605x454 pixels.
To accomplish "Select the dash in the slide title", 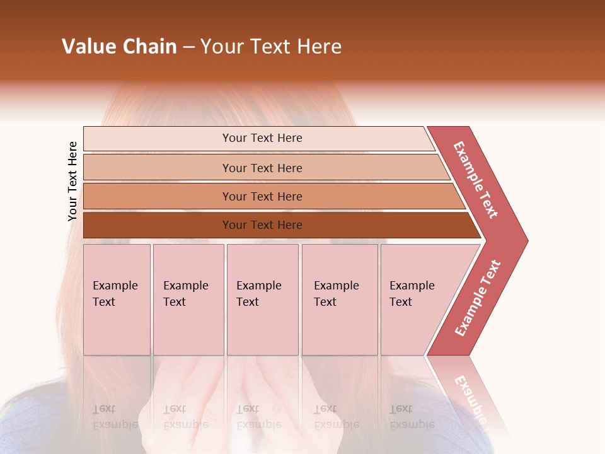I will click(x=188, y=47).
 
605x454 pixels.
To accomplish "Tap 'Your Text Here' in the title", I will click(x=271, y=47).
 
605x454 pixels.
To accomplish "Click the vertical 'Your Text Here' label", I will click(x=72, y=181).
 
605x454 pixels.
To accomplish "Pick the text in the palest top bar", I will click(x=262, y=138).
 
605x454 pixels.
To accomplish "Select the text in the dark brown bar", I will click(x=262, y=225).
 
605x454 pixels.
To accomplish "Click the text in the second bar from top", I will click(x=262, y=168).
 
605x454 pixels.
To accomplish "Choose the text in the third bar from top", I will click(x=262, y=197).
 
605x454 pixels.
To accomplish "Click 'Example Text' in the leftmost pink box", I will click(x=115, y=294).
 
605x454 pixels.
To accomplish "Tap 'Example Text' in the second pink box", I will click(x=185, y=294).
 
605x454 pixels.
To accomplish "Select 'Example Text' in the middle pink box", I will click(x=258, y=294).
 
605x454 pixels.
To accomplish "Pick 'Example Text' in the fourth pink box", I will click(x=336, y=294).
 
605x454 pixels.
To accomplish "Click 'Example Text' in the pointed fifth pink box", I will click(x=412, y=294).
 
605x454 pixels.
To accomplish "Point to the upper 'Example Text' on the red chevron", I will click(x=476, y=180).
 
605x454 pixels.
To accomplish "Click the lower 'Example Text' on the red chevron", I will click(x=478, y=298).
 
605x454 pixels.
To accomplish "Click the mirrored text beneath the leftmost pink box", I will click(x=115, y=417).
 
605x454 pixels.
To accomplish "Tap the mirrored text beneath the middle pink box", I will click(x=258, y=417).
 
